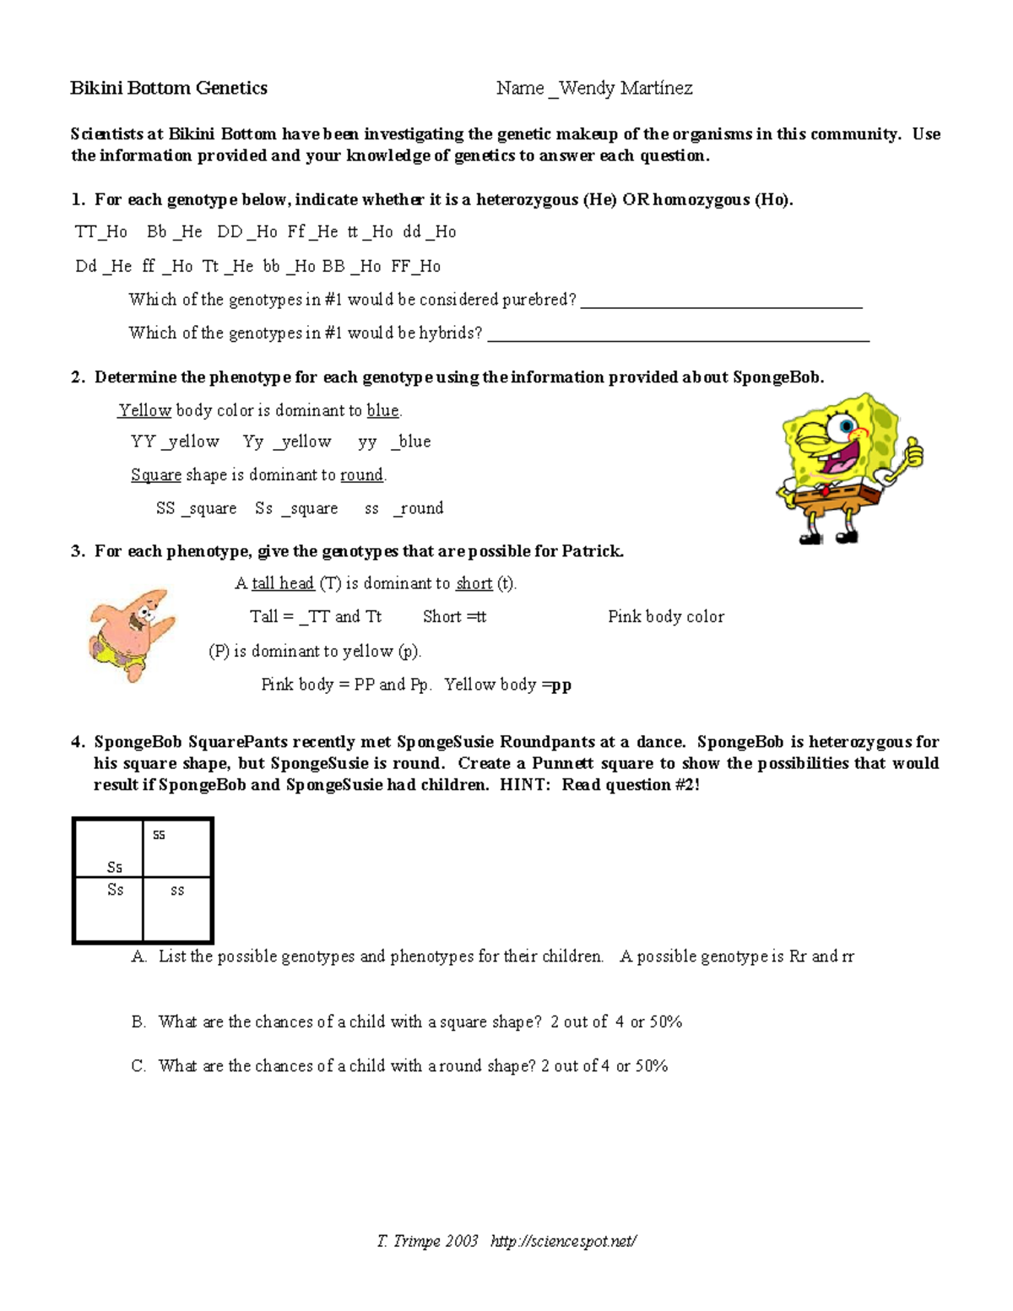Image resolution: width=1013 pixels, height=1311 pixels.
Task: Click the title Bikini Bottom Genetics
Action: coord(168,88)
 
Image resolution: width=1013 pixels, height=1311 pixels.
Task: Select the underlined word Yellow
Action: coord(145,411)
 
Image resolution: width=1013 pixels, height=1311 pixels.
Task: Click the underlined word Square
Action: coord(156,475)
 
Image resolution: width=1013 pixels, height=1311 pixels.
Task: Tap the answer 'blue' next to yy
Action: coord(414,442)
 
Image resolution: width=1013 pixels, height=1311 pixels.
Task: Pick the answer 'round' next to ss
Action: coord(421,508)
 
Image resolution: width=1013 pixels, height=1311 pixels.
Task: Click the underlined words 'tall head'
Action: coord(283,583)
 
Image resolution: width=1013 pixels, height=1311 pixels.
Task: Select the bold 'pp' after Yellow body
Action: coord(561,685)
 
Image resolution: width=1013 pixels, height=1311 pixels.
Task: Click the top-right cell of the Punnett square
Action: coord(177,848)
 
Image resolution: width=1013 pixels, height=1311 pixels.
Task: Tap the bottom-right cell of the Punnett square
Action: coord(177,909)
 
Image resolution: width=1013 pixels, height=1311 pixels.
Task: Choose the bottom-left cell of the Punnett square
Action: coord(109,909)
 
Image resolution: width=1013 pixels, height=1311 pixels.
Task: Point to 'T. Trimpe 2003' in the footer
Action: coord(428,1241)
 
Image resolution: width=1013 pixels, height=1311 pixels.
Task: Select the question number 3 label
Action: coord(78,552)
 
